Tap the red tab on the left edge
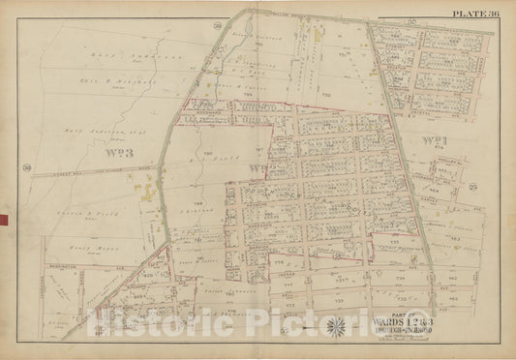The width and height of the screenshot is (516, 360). click(3, 221)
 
